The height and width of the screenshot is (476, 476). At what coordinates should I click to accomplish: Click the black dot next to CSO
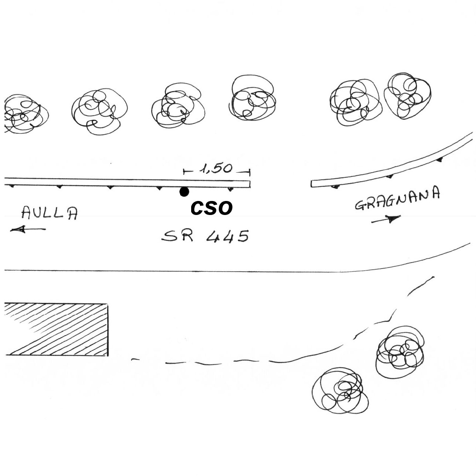click(x=184, y=192)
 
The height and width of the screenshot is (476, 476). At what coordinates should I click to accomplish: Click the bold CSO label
click(x=212, y=208)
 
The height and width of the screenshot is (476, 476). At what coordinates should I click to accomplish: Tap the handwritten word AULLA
click(x=49, y=213)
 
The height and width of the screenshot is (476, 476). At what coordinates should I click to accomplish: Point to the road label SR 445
click(x=205, y=236)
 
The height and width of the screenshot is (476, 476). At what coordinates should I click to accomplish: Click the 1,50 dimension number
click(x=216, y=169)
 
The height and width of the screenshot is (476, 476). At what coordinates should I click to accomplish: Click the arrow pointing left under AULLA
click(x=28, y=229)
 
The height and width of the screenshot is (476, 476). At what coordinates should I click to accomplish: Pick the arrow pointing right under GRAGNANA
click(x=386, y=219)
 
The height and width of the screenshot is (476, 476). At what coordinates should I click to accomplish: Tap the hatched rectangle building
click(x=56, y=329)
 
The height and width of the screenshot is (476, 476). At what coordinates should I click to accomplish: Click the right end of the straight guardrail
click(x=250, y=184)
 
